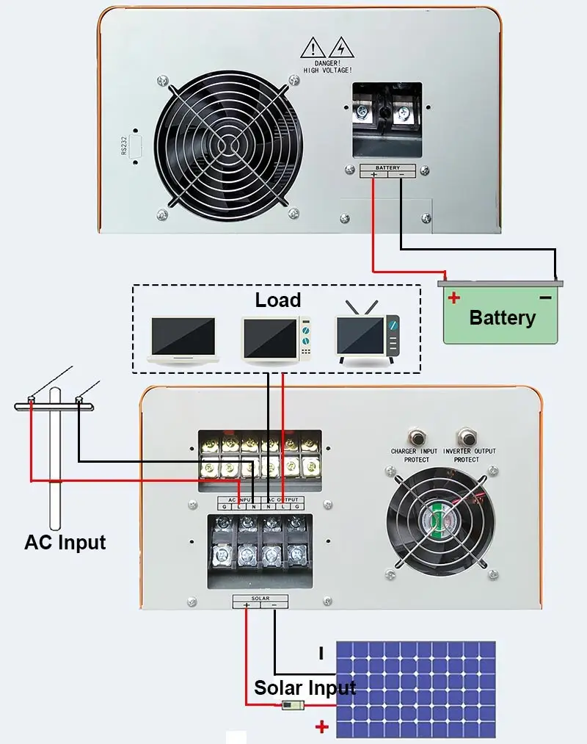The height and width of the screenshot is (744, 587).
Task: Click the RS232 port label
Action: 124,146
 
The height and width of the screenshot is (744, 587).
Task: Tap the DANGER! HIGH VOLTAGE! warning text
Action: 327,66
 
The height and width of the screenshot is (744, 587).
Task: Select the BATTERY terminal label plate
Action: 387,170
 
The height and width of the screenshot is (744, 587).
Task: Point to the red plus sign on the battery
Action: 454,297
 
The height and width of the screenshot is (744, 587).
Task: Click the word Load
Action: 278,300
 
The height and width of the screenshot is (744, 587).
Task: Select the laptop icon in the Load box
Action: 183,339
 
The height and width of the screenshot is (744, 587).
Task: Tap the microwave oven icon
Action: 277,339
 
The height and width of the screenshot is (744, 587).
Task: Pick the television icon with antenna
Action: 368,335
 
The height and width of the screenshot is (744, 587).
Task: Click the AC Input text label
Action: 65,543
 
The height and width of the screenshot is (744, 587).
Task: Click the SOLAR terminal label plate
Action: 260,602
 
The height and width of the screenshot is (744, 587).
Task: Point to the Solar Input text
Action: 305,688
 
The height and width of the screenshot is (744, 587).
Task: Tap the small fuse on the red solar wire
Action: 291,706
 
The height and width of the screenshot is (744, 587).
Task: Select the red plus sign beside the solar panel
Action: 321,727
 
